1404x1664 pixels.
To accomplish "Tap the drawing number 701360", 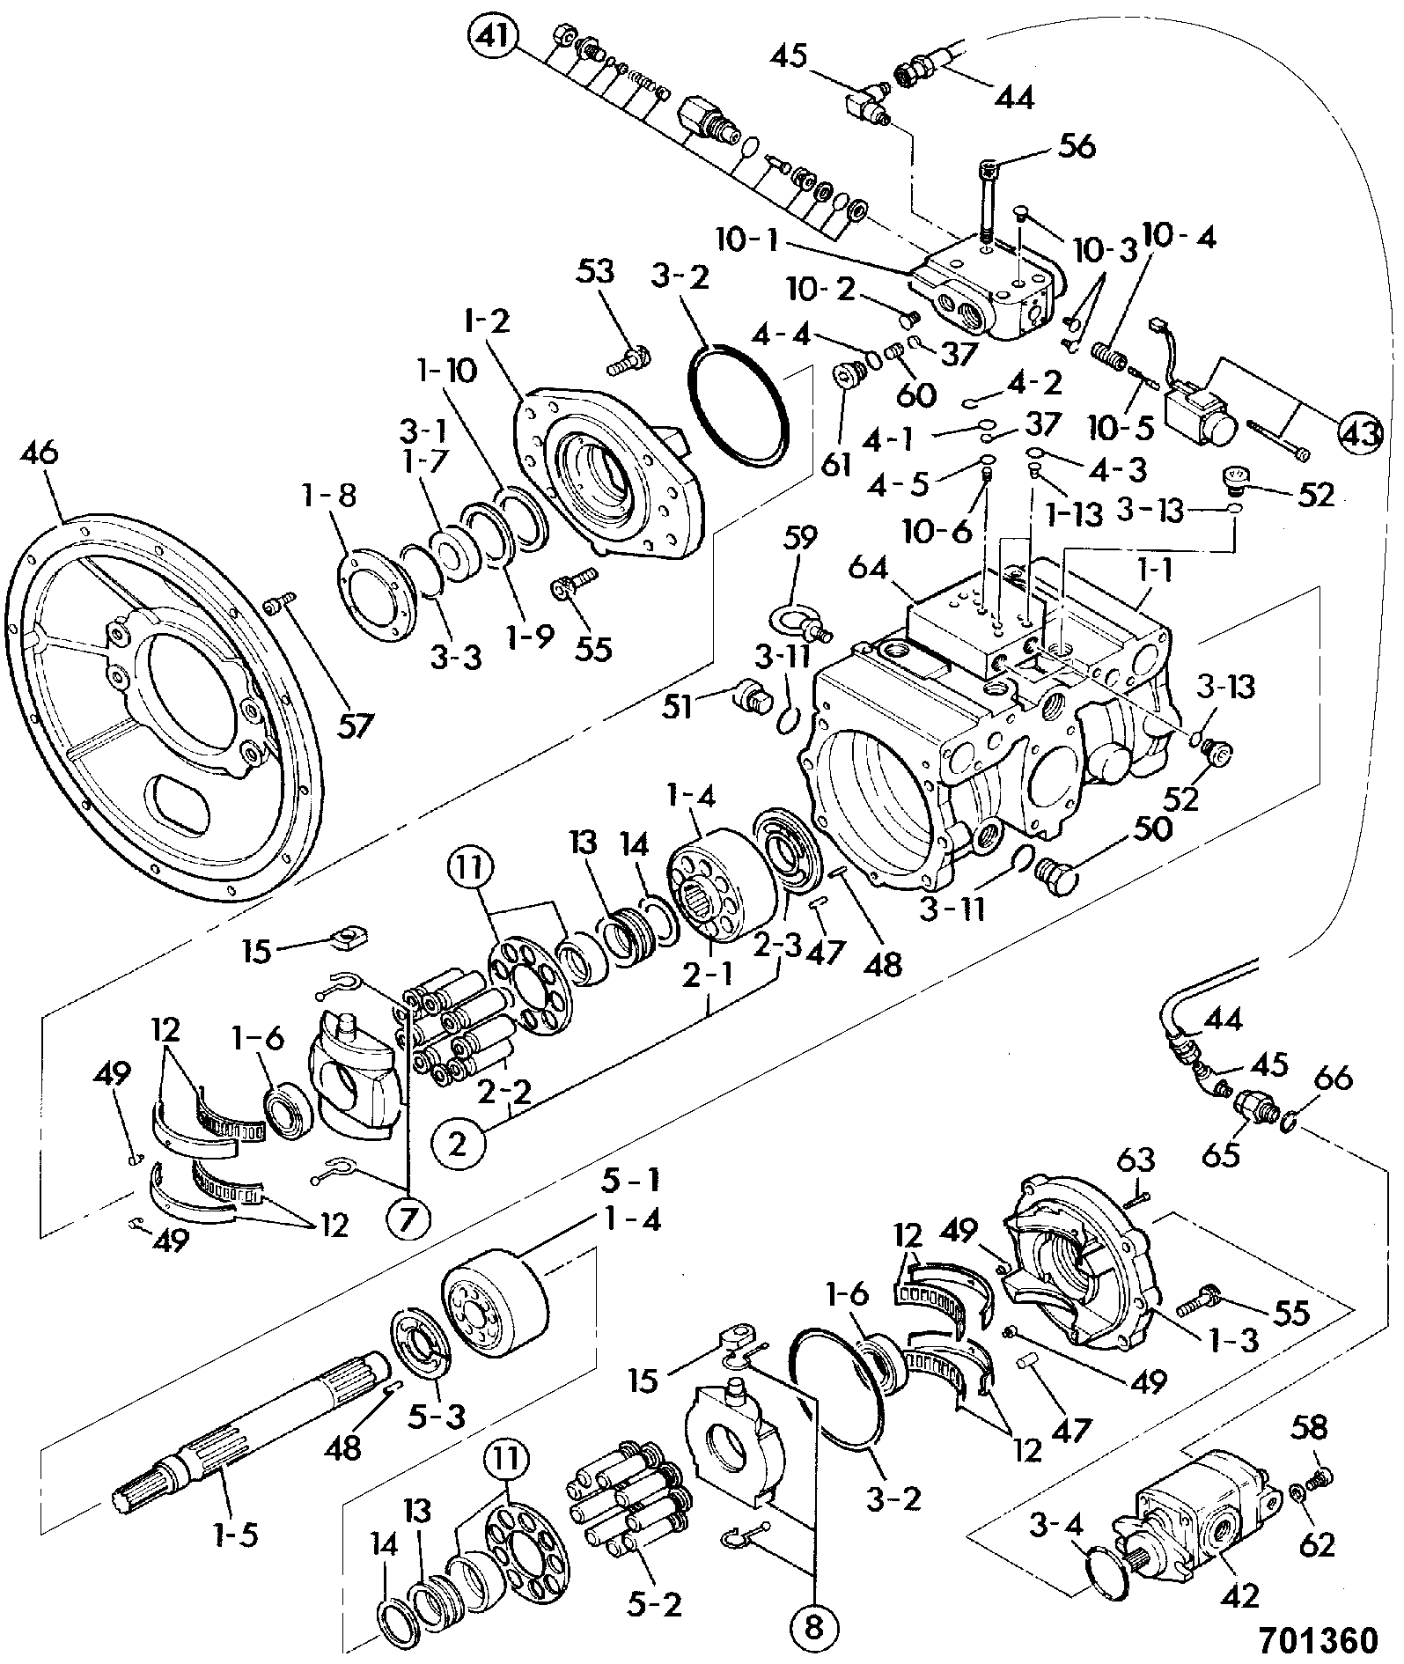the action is pos(1317,1639).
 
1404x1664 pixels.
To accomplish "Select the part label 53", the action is pos(596,270).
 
